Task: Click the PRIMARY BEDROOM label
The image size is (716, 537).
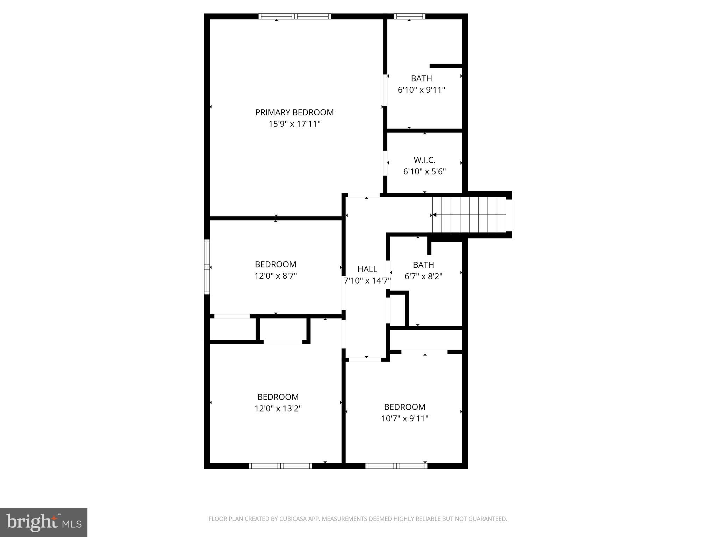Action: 294,112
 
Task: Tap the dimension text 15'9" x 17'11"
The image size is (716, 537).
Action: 294,124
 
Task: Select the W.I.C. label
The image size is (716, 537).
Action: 424,160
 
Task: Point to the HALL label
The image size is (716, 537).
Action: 367,269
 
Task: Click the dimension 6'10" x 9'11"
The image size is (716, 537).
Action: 421,90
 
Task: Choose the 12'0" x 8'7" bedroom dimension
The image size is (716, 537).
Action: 275,276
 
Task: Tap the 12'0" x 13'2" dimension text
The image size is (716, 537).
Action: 278,408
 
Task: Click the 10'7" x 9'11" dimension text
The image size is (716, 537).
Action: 404,418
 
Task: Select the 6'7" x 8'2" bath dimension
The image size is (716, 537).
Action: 423,277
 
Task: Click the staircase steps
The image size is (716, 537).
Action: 468,215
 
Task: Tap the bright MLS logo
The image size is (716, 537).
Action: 44,522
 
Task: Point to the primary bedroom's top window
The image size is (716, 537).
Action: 294,16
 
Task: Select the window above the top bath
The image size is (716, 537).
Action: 409,16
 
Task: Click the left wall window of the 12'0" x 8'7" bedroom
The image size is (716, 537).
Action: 207,267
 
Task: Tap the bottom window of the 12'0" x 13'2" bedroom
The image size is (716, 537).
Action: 280,466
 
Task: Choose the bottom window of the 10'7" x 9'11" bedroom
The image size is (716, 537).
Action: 396,466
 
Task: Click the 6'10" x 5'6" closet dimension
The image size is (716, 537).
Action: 424,172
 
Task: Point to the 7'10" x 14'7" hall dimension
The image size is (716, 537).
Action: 367,281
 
